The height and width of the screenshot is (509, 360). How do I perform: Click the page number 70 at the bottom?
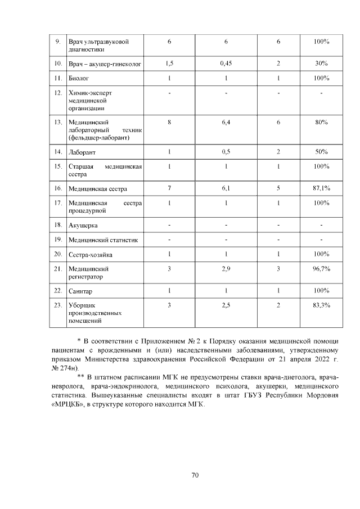[195, 475]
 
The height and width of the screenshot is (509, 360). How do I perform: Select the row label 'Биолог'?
[78, 78]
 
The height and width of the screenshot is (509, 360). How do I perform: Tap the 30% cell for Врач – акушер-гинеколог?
[321, 64]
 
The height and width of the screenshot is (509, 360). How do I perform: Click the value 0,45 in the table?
[226, 64]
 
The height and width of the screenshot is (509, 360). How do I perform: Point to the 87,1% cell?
[321, 188]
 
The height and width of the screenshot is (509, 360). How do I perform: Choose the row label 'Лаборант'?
[82, 152]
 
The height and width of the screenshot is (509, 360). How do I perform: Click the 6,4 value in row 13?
[226, 121]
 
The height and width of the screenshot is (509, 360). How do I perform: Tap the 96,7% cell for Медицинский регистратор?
[321, 270]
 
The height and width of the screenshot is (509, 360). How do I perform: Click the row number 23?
[57, 305]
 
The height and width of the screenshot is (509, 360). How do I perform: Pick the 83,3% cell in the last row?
[321, 305]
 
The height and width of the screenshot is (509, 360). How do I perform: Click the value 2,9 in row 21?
[226, 270]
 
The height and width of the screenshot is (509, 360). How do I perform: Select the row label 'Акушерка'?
[83, 226]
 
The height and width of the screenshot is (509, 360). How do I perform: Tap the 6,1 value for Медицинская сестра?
[226, 188]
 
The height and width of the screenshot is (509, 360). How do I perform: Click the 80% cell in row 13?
[321, 121]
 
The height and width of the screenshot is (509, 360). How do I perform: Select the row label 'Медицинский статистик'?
[103, 240]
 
